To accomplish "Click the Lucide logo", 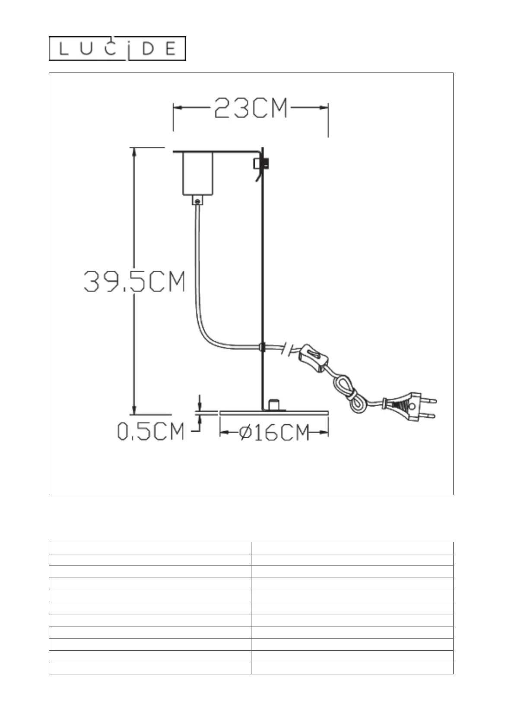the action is pyautogui.click(x=117, y=48).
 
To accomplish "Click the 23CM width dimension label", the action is pyautogui.click(x=251, y=108).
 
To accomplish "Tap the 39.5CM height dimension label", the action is pyautogui.click(x=134, y=281).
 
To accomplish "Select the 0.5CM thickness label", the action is pyautogui.click(x=150, y=431).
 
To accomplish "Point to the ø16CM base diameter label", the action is pyautogui.click(x=274, y=433).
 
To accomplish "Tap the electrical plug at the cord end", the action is pyautogui.click(x=410, y=407).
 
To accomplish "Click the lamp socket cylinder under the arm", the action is pyautogui.click(x=198, y=174).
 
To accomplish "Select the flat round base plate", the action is pyautogui.click(x=274, y=413).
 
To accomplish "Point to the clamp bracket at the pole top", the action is pyautogui.click(x=261, y=164).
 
